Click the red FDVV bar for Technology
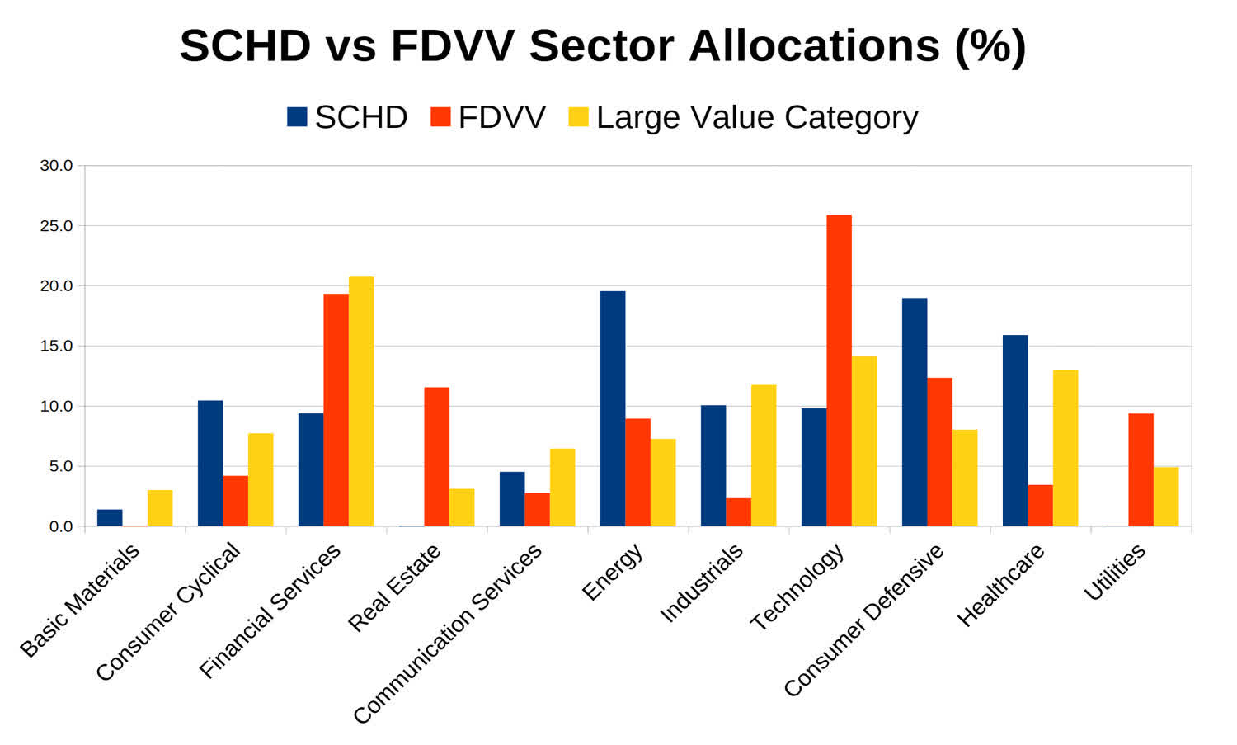[x=839, y=370]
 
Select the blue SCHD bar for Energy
[x=613, y=408]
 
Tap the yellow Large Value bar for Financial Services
[x=361, y=401]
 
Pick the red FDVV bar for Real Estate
[x=437, y=456]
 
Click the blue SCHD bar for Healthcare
[x=1015, y=431]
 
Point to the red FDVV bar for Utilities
[x=1141, y=469]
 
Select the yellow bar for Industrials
[x=764, y=455]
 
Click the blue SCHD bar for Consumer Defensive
[x=915, y=412]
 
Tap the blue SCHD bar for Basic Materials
[x=110, y=518]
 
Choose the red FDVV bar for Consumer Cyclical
[x=235, y=501]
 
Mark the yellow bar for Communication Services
[x=562, y=488]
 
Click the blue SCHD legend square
[x=297, y=117]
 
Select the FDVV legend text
[x=501, y=117]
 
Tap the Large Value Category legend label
[x=756, y=117]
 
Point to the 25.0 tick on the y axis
[x=56, y=226]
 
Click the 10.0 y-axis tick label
[x=56, y=407]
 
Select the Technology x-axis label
[x=797, y=587]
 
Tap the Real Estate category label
[x=395, y=587]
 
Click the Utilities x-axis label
[x=1114, y=572]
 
